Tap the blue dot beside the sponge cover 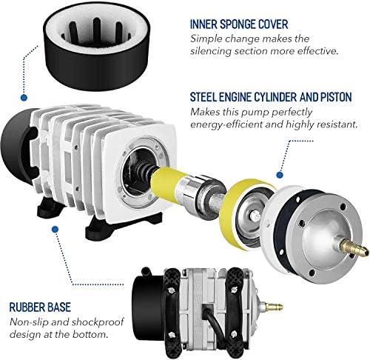tap(24, 97)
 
